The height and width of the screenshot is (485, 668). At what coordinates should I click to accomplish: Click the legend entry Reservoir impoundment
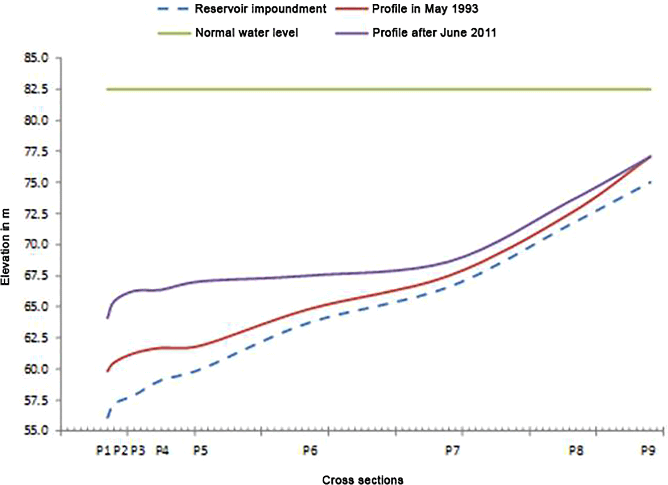pos(260,9)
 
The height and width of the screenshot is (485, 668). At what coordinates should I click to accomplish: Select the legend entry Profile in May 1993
pos(425,9)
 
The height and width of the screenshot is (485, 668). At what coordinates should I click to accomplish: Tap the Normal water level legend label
pos(246,33)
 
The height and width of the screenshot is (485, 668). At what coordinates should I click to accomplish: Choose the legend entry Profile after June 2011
pos(434,33)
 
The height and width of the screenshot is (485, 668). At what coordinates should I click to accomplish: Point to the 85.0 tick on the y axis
pos(36,58)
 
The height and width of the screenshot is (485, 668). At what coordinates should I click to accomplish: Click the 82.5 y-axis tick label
pos(36,89)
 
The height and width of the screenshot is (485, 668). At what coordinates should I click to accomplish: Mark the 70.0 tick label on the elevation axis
pos(36,245)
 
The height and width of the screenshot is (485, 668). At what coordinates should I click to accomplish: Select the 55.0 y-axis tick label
pos(36,431)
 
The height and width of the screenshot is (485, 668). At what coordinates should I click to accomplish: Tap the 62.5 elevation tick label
pos(36,338)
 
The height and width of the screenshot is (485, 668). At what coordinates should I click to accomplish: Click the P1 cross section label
pos(103,451)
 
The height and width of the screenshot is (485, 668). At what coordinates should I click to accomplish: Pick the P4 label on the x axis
pos(162,451)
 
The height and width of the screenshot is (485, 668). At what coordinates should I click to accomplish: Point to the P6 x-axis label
pos(310,451)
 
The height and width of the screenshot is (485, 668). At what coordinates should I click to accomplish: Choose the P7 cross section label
pos(452,451)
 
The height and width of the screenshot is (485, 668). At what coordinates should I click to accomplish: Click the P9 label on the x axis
pos(648,451)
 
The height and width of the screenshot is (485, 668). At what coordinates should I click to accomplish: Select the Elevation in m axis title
pos(6,247)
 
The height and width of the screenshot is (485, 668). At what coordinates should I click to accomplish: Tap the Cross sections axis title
pos(362,480)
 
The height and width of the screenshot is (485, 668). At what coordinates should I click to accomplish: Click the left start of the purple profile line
pos(107,318)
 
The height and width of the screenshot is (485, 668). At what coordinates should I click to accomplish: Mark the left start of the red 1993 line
pos(107,371)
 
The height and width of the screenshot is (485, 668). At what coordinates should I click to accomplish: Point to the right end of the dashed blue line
pos(650,182)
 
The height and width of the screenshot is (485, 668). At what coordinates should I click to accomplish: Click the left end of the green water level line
pos(107,89)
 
